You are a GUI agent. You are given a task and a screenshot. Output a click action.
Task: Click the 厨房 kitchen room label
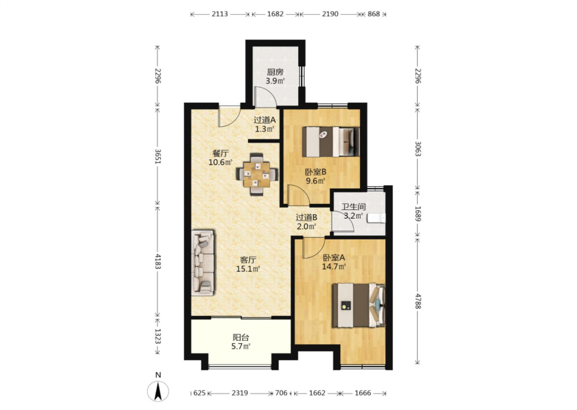(x=275, y=72)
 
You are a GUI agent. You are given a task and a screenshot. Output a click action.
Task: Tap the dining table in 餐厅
(x=257, y=175)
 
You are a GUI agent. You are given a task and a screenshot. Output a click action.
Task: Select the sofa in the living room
(x=203, y=263)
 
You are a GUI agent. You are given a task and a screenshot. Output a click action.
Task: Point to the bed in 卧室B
(x=331, y=142)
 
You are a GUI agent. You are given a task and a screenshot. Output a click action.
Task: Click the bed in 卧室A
(x=359, y=305)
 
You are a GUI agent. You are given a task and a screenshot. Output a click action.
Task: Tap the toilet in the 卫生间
(x=376, y=218)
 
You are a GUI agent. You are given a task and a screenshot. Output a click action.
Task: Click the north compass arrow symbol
(x=158, y=391)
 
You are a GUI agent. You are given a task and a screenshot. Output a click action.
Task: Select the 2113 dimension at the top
(x=220, y=14)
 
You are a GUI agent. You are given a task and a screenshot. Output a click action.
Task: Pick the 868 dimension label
(x=373, y=14)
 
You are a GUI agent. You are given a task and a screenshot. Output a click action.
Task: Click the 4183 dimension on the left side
(x=158, y=261)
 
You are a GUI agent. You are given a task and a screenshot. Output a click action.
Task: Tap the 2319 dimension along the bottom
(x=240, y=393)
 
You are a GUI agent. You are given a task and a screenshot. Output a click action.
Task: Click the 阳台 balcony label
(x=241, y=337)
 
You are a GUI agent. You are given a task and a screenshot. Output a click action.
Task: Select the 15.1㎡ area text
(x=248, y=269)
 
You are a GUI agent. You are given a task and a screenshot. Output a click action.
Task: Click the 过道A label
(x=264, y=120)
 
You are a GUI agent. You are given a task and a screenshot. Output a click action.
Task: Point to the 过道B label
(x=306, y=217)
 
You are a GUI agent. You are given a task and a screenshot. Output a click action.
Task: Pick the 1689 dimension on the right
(x=418, y=214)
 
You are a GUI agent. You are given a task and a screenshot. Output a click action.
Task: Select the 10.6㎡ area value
(x=220, y=163)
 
